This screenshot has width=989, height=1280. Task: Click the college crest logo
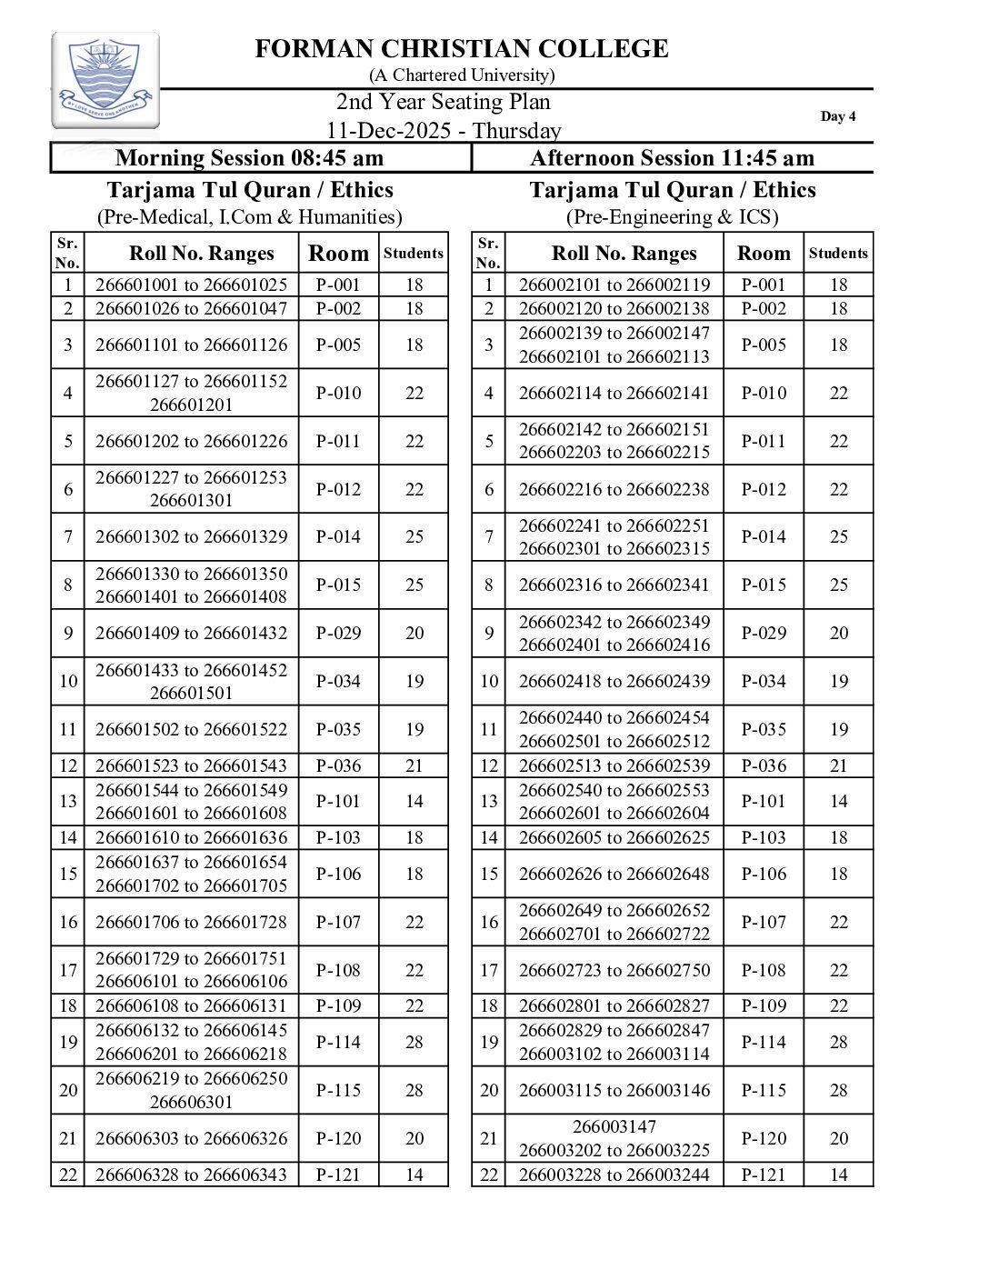click(x=105, y=80)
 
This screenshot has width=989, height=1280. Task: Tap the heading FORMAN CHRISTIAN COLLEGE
click(x=461, y=49)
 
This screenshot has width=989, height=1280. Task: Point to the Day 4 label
click(x=837, y=116)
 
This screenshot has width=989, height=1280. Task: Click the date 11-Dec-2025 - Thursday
click(x=444, y=131)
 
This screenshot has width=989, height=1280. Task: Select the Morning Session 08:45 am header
click(x=249, y=158)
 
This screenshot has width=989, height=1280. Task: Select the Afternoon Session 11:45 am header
click(x=672, y=158)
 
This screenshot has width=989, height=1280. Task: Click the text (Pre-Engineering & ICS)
click(x=672, y=217)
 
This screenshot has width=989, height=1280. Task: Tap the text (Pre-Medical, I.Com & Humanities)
click(x=249, y=217)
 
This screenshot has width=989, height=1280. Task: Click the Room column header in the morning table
click(x=338, y=254)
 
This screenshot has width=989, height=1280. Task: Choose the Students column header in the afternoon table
click(x=838, y=254)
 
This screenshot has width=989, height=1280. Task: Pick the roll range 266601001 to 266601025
click(x=191, y=285)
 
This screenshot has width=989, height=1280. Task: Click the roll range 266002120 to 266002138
click(x=614, y=308)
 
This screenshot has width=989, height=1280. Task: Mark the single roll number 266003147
click(x=614, y=1126)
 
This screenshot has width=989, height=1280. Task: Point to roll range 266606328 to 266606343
click(x=191, y=1175)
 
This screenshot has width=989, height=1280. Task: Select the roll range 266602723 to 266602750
click(x=614, y=970)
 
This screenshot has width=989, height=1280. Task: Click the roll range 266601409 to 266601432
click(x=191, y=633)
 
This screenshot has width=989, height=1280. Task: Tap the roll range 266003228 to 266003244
click(x=614, y=1175)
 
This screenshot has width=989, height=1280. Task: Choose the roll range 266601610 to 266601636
click(x=191, y=837)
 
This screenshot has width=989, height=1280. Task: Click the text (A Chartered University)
click(x=461, y=75)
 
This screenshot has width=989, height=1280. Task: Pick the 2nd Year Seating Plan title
click(x=444, y=102)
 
